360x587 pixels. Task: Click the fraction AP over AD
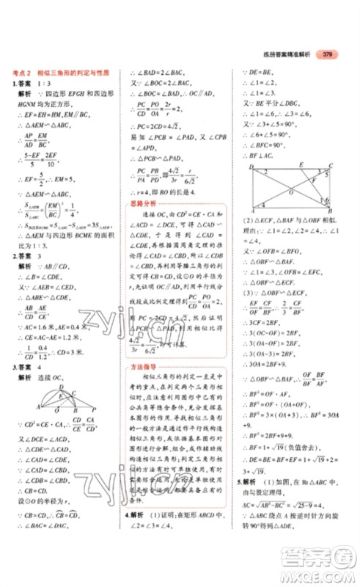coord(29,137)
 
